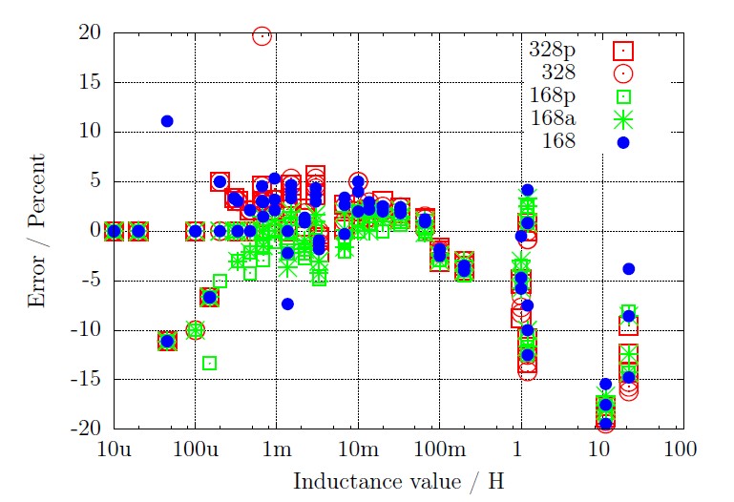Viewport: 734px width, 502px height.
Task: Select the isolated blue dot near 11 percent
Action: [x=167, y=121]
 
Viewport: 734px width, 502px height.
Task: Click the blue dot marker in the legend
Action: [x=623, y=142]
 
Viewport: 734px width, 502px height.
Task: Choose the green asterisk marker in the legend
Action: [x=623, y=119]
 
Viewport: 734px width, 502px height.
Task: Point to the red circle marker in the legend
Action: [x=623, y=72]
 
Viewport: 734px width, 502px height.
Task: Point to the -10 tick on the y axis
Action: [x=89, y=330]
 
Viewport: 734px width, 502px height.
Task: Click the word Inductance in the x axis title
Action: [x=334, y=481]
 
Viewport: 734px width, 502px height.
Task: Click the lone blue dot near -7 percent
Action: [x=287, y=303]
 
